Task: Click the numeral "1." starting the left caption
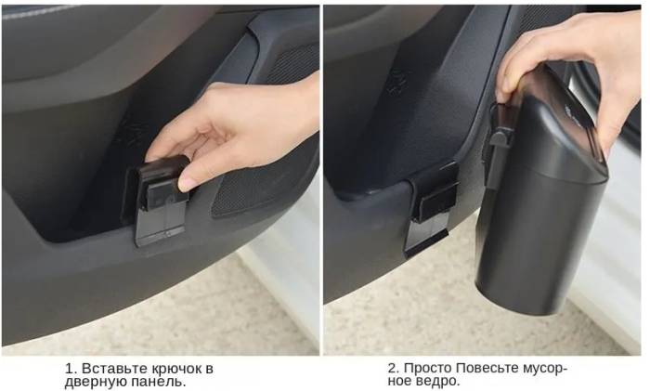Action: (x=71, y=368)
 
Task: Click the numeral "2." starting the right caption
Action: (x=394, y=368)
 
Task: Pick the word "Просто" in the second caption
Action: (x=427, y=368)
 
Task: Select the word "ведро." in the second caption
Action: (x=440, y=381)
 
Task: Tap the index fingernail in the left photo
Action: (x=187, y=183)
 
